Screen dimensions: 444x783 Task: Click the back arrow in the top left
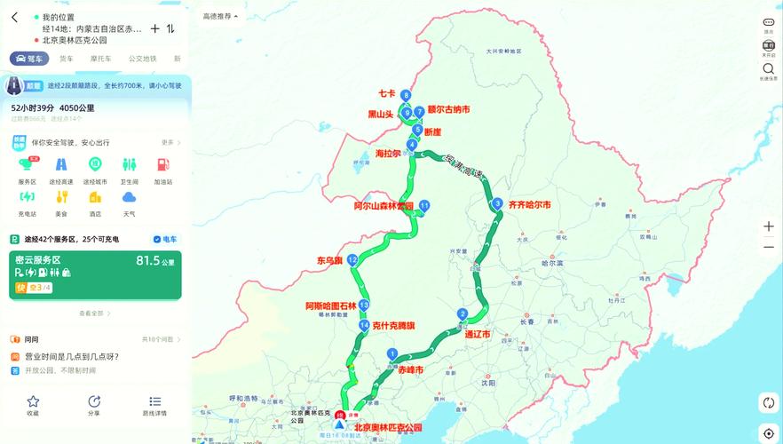[14, 17]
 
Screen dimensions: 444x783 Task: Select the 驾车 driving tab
[29, 59]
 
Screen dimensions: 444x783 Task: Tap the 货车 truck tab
[67, 59]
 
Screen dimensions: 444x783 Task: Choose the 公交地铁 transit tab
[142, 59]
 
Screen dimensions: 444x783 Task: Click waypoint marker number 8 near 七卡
[406, 95]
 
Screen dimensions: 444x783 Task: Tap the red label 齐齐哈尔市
[529, 205]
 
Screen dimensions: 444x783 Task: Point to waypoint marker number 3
[498, 203]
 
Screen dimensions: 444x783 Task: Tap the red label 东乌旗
[329, 261]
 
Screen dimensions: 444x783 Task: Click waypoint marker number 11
[424, 205]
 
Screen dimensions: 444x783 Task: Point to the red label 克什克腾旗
[393, 326]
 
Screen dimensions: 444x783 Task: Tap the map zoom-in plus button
[769, 226]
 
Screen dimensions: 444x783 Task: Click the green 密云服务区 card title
[38, 260]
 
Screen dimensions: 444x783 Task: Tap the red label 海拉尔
[389, 154]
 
